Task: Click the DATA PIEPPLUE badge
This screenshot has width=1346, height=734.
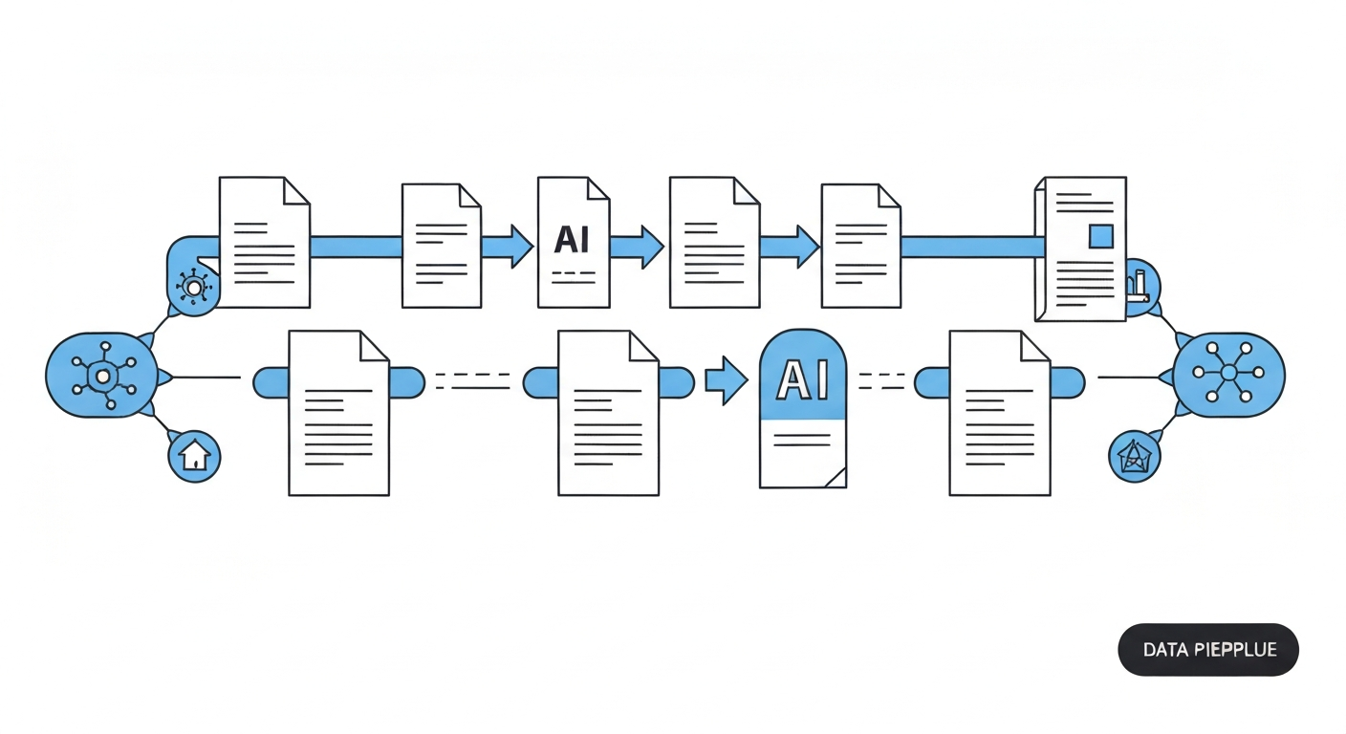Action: (x=1208, y=650)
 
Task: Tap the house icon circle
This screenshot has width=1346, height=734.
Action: (x=194, y=456)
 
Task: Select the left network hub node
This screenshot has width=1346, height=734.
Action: (x=101, y=376)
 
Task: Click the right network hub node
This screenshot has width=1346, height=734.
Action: (x=1229, y=375)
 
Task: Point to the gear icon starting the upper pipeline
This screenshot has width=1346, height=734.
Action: (x=194, y=286)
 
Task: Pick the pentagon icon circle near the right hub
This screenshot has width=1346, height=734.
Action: (x=1134, y=456)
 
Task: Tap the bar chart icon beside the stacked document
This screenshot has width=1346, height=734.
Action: (x=1140, y=285)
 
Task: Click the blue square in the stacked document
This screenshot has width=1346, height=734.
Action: (x=1101, y=236)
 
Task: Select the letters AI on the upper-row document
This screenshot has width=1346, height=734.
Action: (x=572, y=239)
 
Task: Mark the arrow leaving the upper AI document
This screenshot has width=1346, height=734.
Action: (x=640, y=246)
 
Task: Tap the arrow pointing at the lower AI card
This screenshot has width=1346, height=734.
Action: (x=726, y=380)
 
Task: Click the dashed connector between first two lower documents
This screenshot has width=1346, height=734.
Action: (x=474, y=381)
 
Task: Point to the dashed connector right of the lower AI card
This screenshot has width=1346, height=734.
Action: (x=881, y=381)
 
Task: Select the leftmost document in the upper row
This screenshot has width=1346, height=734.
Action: (x=264, y=242)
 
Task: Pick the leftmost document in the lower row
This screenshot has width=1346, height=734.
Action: (x=338, y=413)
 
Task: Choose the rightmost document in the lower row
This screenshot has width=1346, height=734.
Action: (x=999, y=413)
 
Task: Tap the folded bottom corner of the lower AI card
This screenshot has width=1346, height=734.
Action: (x=836, y=477)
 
